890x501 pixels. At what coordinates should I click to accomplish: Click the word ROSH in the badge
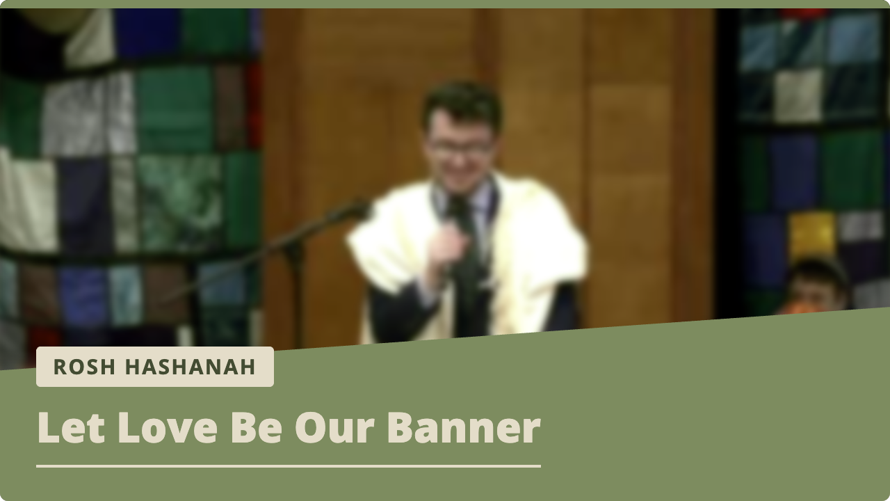pyautogui.click(x=84, y=367)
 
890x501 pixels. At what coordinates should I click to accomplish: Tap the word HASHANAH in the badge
pyautogui.click(x=190, y=367)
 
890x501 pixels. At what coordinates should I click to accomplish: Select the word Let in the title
pyautogui.click(x=71, y=427)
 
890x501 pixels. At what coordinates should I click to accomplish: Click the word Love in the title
pyautogui.click(x=168, y=427)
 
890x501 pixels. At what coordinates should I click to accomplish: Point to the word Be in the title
pyautogui.click(x=257, y=427)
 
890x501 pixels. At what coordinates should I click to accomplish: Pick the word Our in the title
pyautogui.click(x=334, y=427)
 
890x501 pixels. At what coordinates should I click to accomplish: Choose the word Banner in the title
pyautogui.click(x=464, y=427)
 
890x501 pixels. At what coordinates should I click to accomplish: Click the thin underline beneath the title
pyautogui.click(x=289, y=466)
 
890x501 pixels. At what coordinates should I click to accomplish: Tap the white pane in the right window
pyautogui.click(x=798, y=95)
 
